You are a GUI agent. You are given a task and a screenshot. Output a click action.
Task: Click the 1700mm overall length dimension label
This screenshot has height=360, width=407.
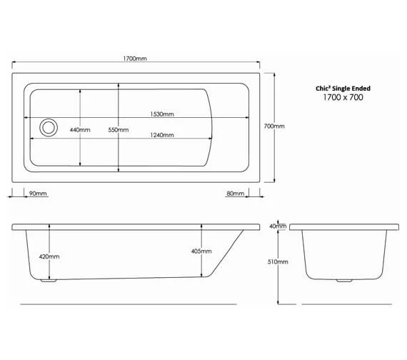tap(135, 59)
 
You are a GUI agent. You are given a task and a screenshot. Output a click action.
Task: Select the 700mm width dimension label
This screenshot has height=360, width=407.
tap(273, 126)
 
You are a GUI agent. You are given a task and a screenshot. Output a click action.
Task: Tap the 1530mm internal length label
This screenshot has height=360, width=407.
tap(161, 114)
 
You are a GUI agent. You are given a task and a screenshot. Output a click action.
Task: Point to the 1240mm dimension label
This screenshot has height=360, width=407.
tap(161, 136)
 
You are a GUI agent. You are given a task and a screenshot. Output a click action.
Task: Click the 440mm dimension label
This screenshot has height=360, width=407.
tap(79, 130)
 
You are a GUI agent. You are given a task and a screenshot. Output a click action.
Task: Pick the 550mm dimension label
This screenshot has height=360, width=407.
tap(118, 130)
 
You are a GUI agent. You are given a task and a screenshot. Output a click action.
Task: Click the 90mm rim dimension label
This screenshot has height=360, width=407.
tap(37, 194)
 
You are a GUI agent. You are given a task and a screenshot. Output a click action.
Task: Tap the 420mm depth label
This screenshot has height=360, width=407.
tap(49, 256)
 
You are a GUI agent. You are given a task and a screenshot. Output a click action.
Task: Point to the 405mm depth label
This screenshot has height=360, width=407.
tap(201, 251)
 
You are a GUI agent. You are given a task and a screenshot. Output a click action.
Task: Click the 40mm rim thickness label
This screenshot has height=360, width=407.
tap(277, 226)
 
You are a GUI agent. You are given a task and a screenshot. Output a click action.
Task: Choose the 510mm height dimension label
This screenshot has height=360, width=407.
tap(277, 262)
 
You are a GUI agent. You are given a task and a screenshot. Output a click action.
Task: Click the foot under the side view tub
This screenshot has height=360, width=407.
tap(49, 281)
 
